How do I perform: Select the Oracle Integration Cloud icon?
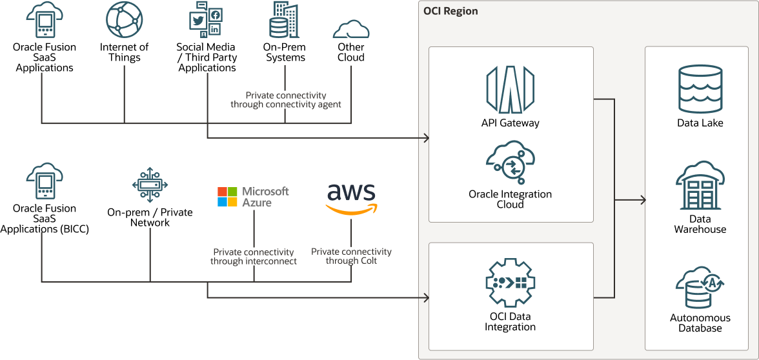[x=510, y=163]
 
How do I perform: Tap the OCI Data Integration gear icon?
[x=510, y=283]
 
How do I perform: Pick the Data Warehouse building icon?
[x=700, y=186]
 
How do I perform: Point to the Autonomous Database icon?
[x=700, y=287]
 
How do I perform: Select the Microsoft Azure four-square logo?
[x=227, y=197]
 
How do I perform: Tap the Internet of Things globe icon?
[x=124, y=20]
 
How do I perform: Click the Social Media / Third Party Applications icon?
[x=206, y=20]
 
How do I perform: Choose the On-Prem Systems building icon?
[x=284, y=20]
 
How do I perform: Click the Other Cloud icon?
[x=351, y=29]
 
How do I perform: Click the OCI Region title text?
[x=450, y=11]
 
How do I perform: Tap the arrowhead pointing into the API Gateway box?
[x=426, y=138]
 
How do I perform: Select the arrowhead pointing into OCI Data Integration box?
[x=426, y=297]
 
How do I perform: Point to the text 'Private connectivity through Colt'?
[x=351, y=256]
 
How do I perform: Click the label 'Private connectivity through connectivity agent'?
[x=286, y=99]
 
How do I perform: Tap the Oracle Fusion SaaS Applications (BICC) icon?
[x=44, y=181]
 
